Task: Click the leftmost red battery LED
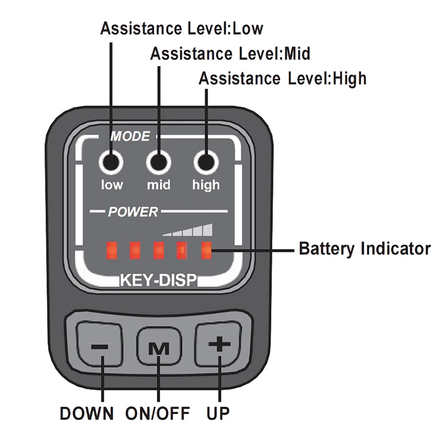coord(111,250)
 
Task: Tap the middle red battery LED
coord(159,250)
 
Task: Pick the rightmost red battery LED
coord(207,250)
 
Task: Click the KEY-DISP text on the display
coord(158,280)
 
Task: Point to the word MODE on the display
coord(130,136)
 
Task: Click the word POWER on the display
coord(133,212)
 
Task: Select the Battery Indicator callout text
coord(365,249)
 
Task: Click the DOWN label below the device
coord(86,414)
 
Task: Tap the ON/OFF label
coord(158,414)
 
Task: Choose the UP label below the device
coord(218,414)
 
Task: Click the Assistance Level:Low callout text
coord(181,29)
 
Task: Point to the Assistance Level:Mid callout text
coord(230,54)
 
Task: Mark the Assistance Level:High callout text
coord(283,78)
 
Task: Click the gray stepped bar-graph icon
coord(188,230)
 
